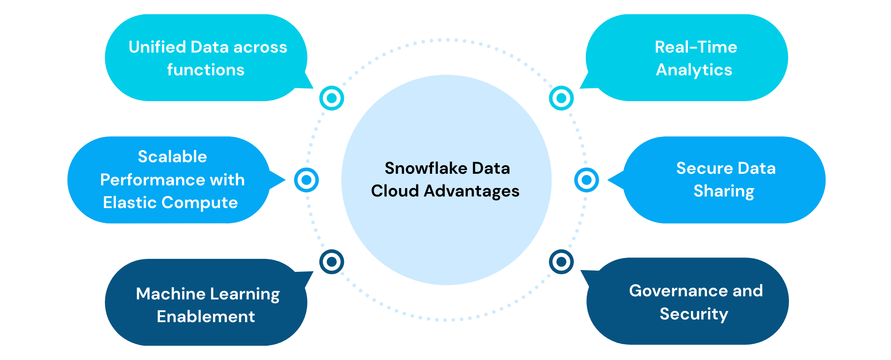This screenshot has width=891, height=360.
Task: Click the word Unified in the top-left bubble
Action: (x=157, y=47)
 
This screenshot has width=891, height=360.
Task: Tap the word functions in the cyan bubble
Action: (x=206, y=70)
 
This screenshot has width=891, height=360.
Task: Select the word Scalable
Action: (x=172, y=157)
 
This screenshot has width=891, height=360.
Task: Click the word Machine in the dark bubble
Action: (x=171, y=294)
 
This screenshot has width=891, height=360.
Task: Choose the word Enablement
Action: (x=206, y=317)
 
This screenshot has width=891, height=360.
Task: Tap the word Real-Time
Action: (x=696, y=47)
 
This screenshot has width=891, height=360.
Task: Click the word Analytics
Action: (x=694, y=70)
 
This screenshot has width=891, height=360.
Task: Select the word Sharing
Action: (x=724, y=191)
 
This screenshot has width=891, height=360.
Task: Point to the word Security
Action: (x=694, y=314)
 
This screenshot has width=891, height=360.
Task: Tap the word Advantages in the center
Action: (x=471, y=191)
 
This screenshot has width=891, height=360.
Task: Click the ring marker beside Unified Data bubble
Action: (x=331, y=98)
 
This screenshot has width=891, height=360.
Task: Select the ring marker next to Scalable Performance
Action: (x=307, y=180)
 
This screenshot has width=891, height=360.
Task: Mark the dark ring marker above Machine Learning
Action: (x=331, y=262)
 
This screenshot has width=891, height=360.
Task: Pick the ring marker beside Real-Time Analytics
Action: (x=561, y=98)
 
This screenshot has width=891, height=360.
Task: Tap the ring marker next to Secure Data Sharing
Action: (x=587, y=180)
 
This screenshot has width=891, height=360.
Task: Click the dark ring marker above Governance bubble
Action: (x=561, y=262)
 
